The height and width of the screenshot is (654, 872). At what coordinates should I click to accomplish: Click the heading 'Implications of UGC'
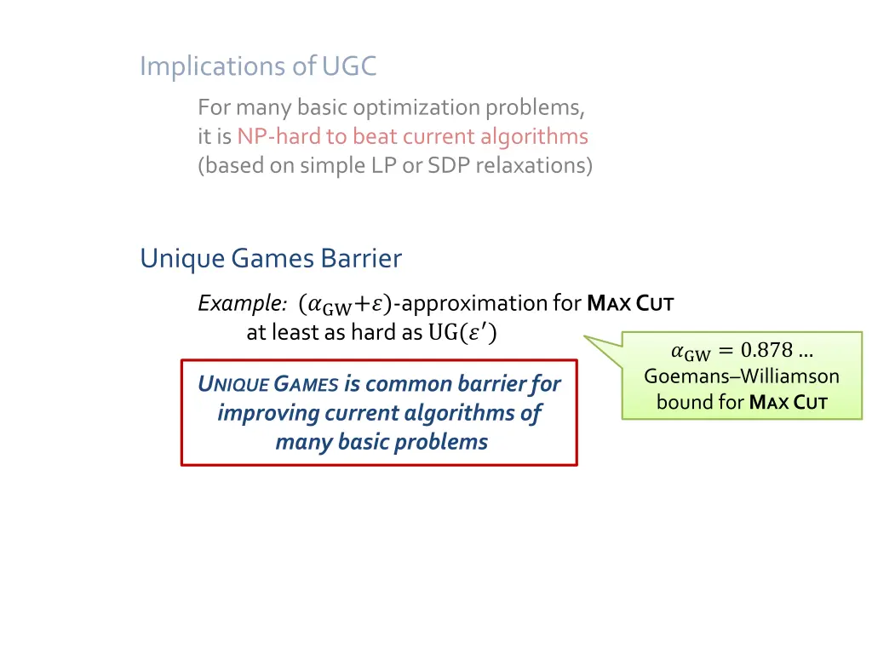[x=258, y=66]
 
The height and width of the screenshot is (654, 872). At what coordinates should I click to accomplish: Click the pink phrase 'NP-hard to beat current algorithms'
[x=412, y=136]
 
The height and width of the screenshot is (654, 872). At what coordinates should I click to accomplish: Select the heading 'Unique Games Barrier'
[x=271, y=257]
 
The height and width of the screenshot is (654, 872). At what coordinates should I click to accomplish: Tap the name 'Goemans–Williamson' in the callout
[x=742, y=376]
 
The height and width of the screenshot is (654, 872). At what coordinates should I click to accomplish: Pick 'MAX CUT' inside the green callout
[x=789, y=402]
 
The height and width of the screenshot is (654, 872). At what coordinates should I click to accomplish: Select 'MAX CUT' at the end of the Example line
[x=631, y=303]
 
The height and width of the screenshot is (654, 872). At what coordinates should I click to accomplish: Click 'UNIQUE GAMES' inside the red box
[x=268, y=384]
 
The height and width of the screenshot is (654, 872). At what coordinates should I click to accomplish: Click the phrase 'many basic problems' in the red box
[x=381, y=442]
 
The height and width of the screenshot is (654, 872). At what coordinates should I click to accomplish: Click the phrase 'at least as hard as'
[x=334, y=333]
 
